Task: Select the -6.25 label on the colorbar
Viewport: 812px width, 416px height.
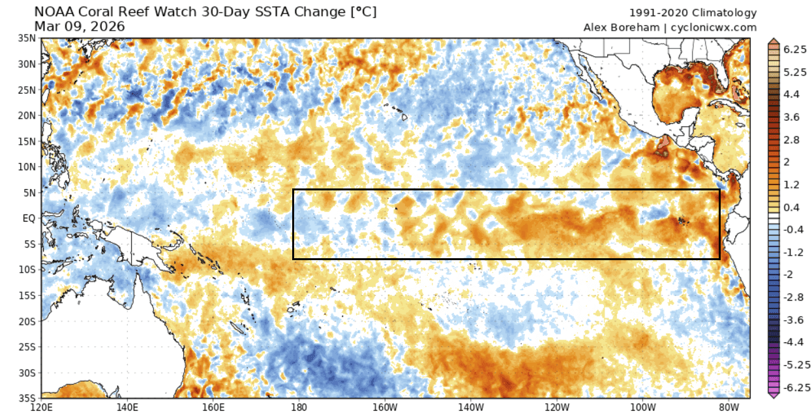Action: click(794, 387)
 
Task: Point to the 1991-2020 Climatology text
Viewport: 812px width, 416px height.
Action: click(693, 12)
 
